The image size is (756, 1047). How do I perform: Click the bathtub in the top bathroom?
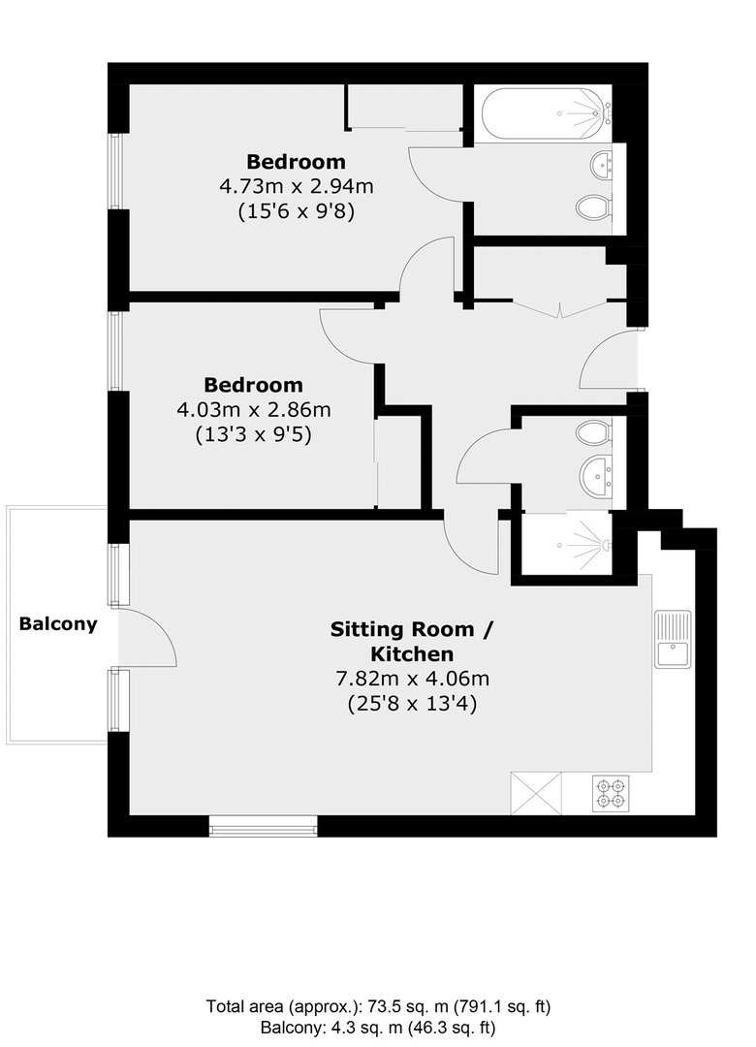point(543,114)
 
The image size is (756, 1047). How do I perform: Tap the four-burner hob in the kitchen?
point(611,793)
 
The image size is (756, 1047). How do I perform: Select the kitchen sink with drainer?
point(673,639)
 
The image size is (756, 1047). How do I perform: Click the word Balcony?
point(58,624)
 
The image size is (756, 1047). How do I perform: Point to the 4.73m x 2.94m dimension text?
point(297,185)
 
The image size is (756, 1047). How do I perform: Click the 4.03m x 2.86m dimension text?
point(254,409)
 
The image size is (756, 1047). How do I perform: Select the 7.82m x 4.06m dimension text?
point(412,679)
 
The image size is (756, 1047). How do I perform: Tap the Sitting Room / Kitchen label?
point(412,641)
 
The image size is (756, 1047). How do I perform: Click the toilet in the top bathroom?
point(594,207)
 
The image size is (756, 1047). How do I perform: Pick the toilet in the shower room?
point(594,432)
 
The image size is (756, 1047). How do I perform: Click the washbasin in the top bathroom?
point(602,164)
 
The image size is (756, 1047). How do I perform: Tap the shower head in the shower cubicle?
point(605,545)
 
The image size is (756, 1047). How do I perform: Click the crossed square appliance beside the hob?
point(536,793)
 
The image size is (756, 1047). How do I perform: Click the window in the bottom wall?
point(263,827)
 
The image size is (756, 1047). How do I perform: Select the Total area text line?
point(379,1006)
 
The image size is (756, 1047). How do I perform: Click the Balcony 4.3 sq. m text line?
point(378,1028)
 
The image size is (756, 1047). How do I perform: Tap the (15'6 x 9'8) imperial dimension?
point(297,211)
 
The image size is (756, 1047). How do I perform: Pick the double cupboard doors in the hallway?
point(559,308)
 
